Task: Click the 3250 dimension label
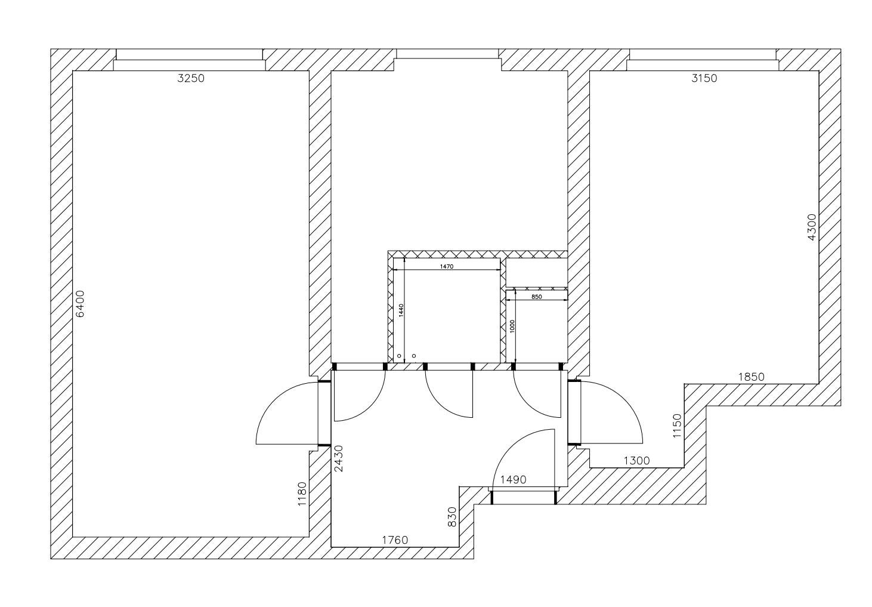[191, 78]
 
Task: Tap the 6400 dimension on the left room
[81, 304]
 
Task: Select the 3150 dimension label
[704, 78]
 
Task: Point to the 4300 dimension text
[812, 227]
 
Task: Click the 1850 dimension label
[751, 377]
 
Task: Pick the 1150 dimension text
[676, 426]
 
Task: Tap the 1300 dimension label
[636, 461]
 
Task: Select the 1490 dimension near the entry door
[513, 479]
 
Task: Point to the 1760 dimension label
[394, 541]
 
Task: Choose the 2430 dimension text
[339, 459]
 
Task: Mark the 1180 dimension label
[302, 494]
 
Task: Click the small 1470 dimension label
[447, 267]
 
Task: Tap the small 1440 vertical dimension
[401, 310]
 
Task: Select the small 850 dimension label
[536, 297]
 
